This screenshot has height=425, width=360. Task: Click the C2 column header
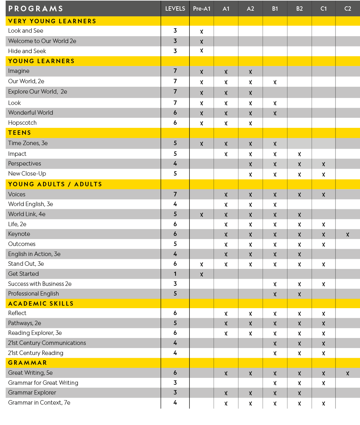coord(347,9)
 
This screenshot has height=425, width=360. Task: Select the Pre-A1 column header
coord(202,9)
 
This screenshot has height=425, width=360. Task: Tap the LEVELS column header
coord(175,9)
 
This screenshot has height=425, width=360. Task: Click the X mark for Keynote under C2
coord(347,234)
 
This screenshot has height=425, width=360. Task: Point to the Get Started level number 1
coord(175,274)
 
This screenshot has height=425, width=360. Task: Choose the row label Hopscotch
coord(22,123)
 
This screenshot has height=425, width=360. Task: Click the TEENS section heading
coord(19,133)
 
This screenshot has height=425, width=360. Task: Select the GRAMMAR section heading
coord(27,363)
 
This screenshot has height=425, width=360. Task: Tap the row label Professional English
coord(33,294)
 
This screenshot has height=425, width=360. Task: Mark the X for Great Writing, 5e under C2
coord(347,373)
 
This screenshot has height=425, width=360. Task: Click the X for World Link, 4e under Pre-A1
coord(202,215)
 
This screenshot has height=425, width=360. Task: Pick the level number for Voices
coord(175,194)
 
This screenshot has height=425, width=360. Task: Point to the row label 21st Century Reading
coord(35,353)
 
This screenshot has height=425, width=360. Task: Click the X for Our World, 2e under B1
coord(275,82)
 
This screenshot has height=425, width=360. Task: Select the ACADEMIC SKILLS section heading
coord(41,304)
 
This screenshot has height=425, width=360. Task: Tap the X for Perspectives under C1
coord(324,164)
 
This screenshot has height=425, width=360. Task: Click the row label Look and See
coord(25,31)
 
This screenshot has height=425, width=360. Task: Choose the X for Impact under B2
coord(299,154)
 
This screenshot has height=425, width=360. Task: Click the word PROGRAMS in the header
coord(35,9)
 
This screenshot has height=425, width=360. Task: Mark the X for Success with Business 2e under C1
coord(324,284)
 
